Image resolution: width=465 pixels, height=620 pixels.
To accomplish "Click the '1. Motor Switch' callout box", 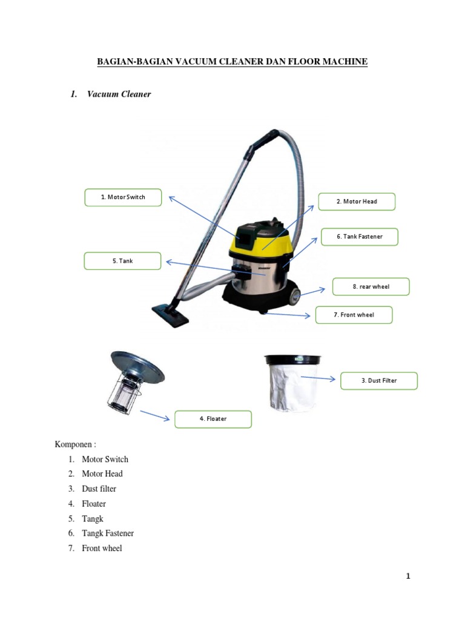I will tap(123, 197).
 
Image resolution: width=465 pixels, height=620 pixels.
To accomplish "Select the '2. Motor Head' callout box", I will tap(357, 202).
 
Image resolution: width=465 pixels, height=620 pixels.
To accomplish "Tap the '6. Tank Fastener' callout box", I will tap(360, 237).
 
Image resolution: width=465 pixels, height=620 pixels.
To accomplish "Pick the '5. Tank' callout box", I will tap(122, 261).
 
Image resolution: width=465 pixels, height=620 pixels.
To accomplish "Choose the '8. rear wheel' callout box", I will tap(371, 286).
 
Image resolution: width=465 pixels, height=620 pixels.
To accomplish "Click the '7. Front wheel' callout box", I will tap(354, 315).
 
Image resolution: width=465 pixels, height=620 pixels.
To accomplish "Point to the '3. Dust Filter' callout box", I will tap(379, 381).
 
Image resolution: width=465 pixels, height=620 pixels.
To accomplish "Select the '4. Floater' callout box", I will tap(213, 419).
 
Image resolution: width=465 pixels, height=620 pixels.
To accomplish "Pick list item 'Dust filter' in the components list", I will tap(99, 489).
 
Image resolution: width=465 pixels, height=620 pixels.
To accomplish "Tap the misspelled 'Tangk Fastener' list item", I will tap(108, 533).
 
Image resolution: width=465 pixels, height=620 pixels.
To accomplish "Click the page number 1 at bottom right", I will tap(408, 576).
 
